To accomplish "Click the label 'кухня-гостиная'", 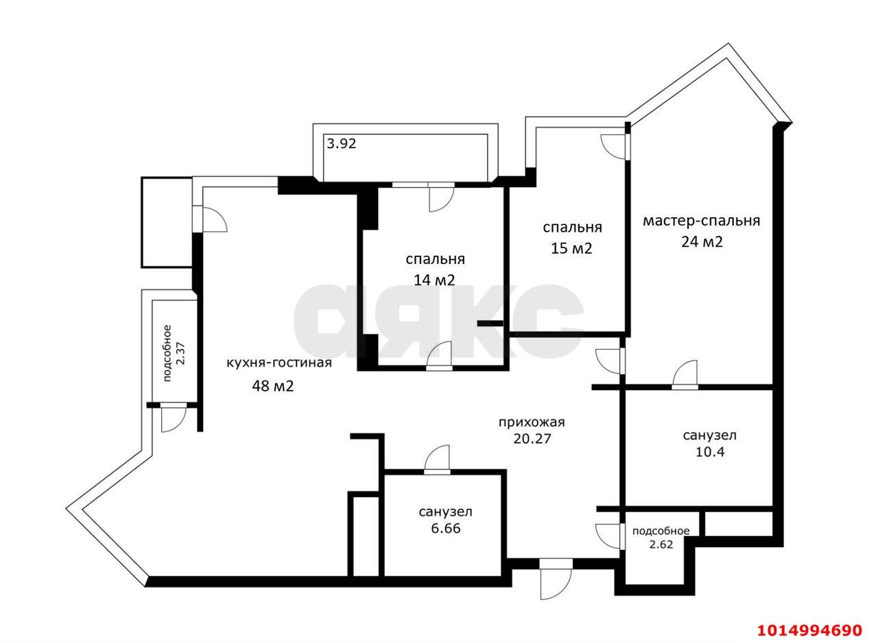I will click(279, 363).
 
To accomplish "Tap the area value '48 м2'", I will click(273, 386).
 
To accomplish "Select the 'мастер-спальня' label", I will click(701, 221).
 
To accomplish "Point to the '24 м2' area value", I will click(702, 242).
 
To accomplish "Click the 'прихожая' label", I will click(532, 422).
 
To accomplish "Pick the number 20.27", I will click(532, 439).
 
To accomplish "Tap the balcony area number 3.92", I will click(341, 144).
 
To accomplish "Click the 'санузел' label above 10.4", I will click(709, 435).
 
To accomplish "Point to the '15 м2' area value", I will click(571, 248).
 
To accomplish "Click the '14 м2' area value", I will click(434, 280).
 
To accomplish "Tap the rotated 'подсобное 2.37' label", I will click(174, 352).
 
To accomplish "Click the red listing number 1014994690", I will click(809, 629).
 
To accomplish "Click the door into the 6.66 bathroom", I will click(437, 461).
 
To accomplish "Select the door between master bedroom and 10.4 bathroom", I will click(685, 376).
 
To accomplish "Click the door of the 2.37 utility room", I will click(173, 416).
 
